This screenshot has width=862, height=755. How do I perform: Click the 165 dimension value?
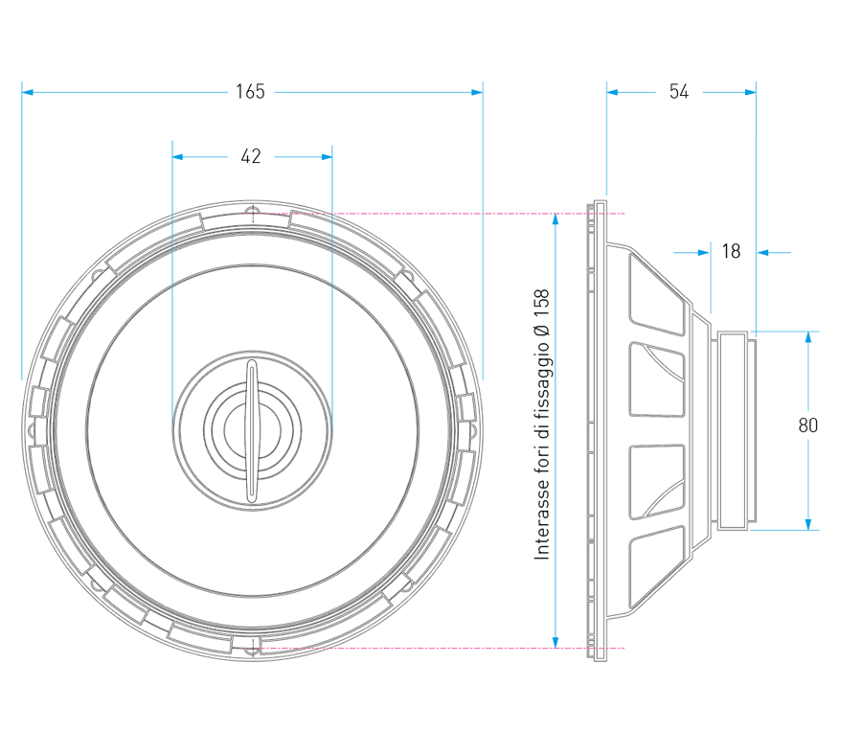[x=250, y=92]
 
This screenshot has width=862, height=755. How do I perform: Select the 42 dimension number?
[x=250, y=157]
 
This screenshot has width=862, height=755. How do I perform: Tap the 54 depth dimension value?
[x=679, y=92]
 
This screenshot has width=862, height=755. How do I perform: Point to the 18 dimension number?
[x=731, y=252]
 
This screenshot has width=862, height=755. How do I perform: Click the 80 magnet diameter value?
[x=808, y=425]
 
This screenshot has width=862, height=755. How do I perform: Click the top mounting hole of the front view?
[x=252, y=213]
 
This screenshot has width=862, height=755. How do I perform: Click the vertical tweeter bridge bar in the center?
[x=252, y=430]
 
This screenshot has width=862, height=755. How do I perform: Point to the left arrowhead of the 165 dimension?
[x=28, y=92]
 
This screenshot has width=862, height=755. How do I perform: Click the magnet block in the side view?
[x=735, y=430]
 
